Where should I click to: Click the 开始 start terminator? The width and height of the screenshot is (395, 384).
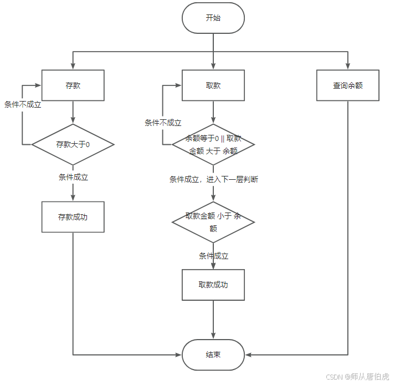[x=213, y=18]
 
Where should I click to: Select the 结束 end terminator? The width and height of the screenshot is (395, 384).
[x=213, y=355]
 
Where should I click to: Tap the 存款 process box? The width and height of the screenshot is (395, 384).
[x=73, y=85]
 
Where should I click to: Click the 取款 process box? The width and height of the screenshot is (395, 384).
[x=213, y=85]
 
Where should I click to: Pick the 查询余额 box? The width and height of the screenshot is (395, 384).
[x=348, y=85]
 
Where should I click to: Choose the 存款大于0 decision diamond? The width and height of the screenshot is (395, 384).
[x=73, y=144]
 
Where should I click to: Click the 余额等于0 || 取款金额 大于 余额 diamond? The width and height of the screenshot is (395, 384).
[x=213, y=144]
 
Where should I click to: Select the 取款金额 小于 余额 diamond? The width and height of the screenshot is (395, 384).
[x=213, y=222]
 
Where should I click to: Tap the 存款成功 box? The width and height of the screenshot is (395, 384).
[x=73, y=217]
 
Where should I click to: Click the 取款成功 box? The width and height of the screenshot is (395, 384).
[x=213, y=285]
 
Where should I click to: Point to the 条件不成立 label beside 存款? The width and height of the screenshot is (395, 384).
[x=23, y=104]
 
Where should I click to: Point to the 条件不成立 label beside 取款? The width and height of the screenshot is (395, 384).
[x=163, y=123]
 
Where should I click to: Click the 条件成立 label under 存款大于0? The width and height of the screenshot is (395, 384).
[x=73, y=178]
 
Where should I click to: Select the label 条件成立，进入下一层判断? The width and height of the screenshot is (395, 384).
[x=213, y=179]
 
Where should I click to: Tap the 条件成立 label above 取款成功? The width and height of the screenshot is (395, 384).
[x=213, y=256]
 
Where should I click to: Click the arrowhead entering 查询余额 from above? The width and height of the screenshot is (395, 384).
[x=348, y=66]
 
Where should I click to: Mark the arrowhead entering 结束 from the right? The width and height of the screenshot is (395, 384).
[x=248, y=355]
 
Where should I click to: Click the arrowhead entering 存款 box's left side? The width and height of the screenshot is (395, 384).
[x=38, y=85]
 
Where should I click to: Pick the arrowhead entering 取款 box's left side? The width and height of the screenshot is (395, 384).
[x=178, y=85]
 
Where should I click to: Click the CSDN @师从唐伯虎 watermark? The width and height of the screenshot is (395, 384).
[x=357, y=376]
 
